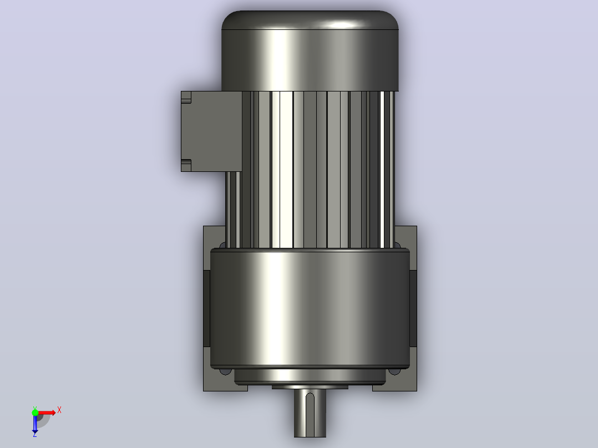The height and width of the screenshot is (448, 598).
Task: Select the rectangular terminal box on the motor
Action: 211,131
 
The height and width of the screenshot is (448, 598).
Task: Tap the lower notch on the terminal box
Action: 186,165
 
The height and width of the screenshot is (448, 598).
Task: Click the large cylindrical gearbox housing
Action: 310,308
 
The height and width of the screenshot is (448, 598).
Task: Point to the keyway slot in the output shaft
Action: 310,414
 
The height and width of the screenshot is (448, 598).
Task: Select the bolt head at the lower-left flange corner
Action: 225,371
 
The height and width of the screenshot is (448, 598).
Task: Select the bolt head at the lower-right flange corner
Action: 395,371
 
